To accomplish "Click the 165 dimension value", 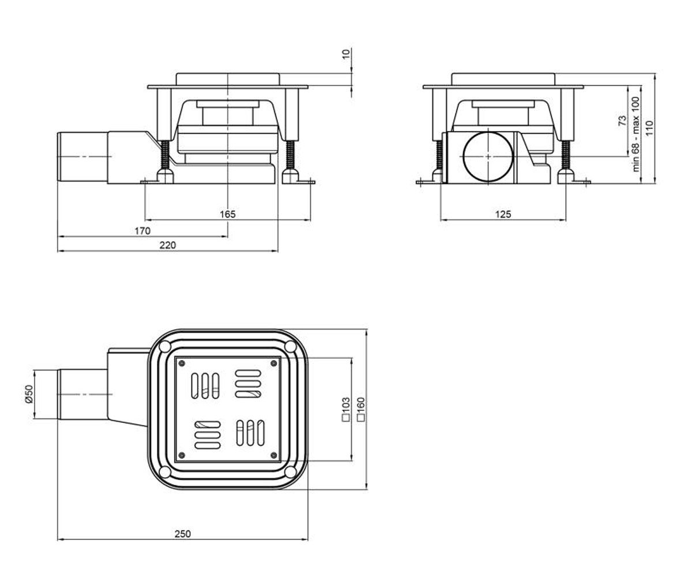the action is pos(228,214).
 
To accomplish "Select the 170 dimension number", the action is pos(142,231).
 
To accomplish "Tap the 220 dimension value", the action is pos(168,245).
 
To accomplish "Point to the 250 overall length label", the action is pos(183,534).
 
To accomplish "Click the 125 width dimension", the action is pos(503,214).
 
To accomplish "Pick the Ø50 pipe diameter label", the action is pos(29,394).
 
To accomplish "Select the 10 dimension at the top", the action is pos(345,54).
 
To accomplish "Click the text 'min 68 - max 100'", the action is pos(635,134).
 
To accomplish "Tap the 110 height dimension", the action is pos(649,128).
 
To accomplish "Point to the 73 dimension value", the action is pos(623,121).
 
